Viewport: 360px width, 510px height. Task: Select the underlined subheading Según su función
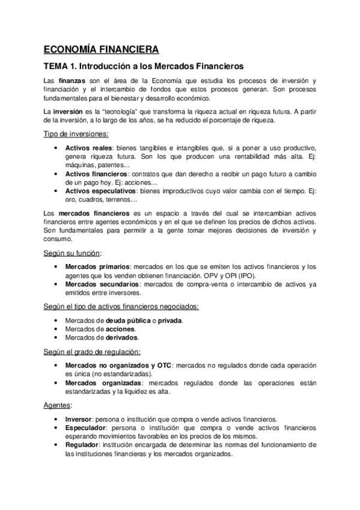coord(71,253)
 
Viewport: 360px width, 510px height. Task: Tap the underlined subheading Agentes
coord(58,405)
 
